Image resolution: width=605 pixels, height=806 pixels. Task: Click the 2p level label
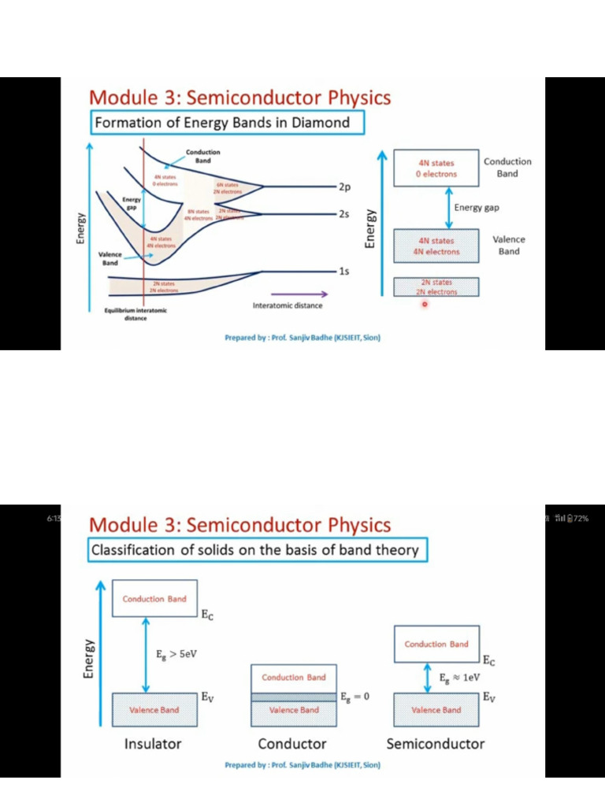pos(344,187)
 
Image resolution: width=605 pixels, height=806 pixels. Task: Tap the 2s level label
pos(344,214)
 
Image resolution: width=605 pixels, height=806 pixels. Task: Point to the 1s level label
pos(343,272)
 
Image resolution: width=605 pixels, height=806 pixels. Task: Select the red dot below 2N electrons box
pos(424,305)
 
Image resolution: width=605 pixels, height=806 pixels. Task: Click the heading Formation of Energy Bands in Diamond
pos(227,123)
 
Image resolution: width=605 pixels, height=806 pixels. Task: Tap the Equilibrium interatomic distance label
pos(135,315)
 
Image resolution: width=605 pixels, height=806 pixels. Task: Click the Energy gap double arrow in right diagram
pos(449,207)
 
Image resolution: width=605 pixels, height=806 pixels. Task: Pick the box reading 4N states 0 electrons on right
pos(436,168)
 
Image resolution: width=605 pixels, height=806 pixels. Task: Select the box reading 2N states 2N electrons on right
pos(436,287)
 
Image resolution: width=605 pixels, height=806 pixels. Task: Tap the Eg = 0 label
pos(355,697)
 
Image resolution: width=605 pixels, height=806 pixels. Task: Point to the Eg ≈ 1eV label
pos(460,676)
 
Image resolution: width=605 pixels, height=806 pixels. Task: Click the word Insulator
pos(153,744)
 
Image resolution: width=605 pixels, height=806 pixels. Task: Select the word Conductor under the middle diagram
pos(292,744)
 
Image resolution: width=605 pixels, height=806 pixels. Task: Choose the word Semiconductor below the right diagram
pos(436,744)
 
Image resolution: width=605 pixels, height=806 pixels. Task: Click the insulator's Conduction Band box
pos(154,599)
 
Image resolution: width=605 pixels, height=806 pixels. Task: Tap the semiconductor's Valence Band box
pos(436,709)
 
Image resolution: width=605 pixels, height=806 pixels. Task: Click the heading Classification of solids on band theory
pos(256,550)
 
